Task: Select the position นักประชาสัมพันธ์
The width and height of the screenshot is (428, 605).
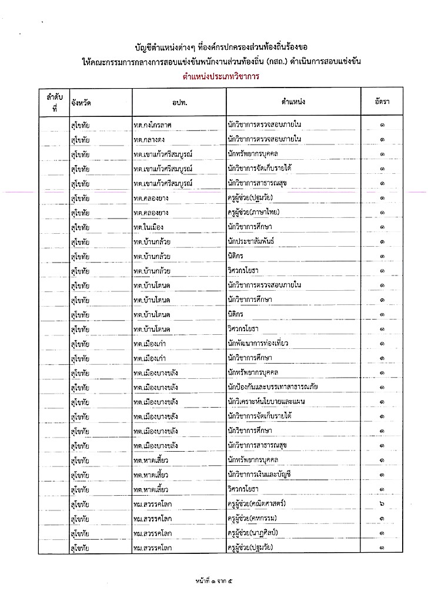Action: click(x=250, y=241)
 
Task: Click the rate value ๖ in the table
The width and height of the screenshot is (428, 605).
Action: click(x=382, y=504)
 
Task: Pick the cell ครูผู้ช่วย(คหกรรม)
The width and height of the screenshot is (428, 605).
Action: click(x=255, y=519)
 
